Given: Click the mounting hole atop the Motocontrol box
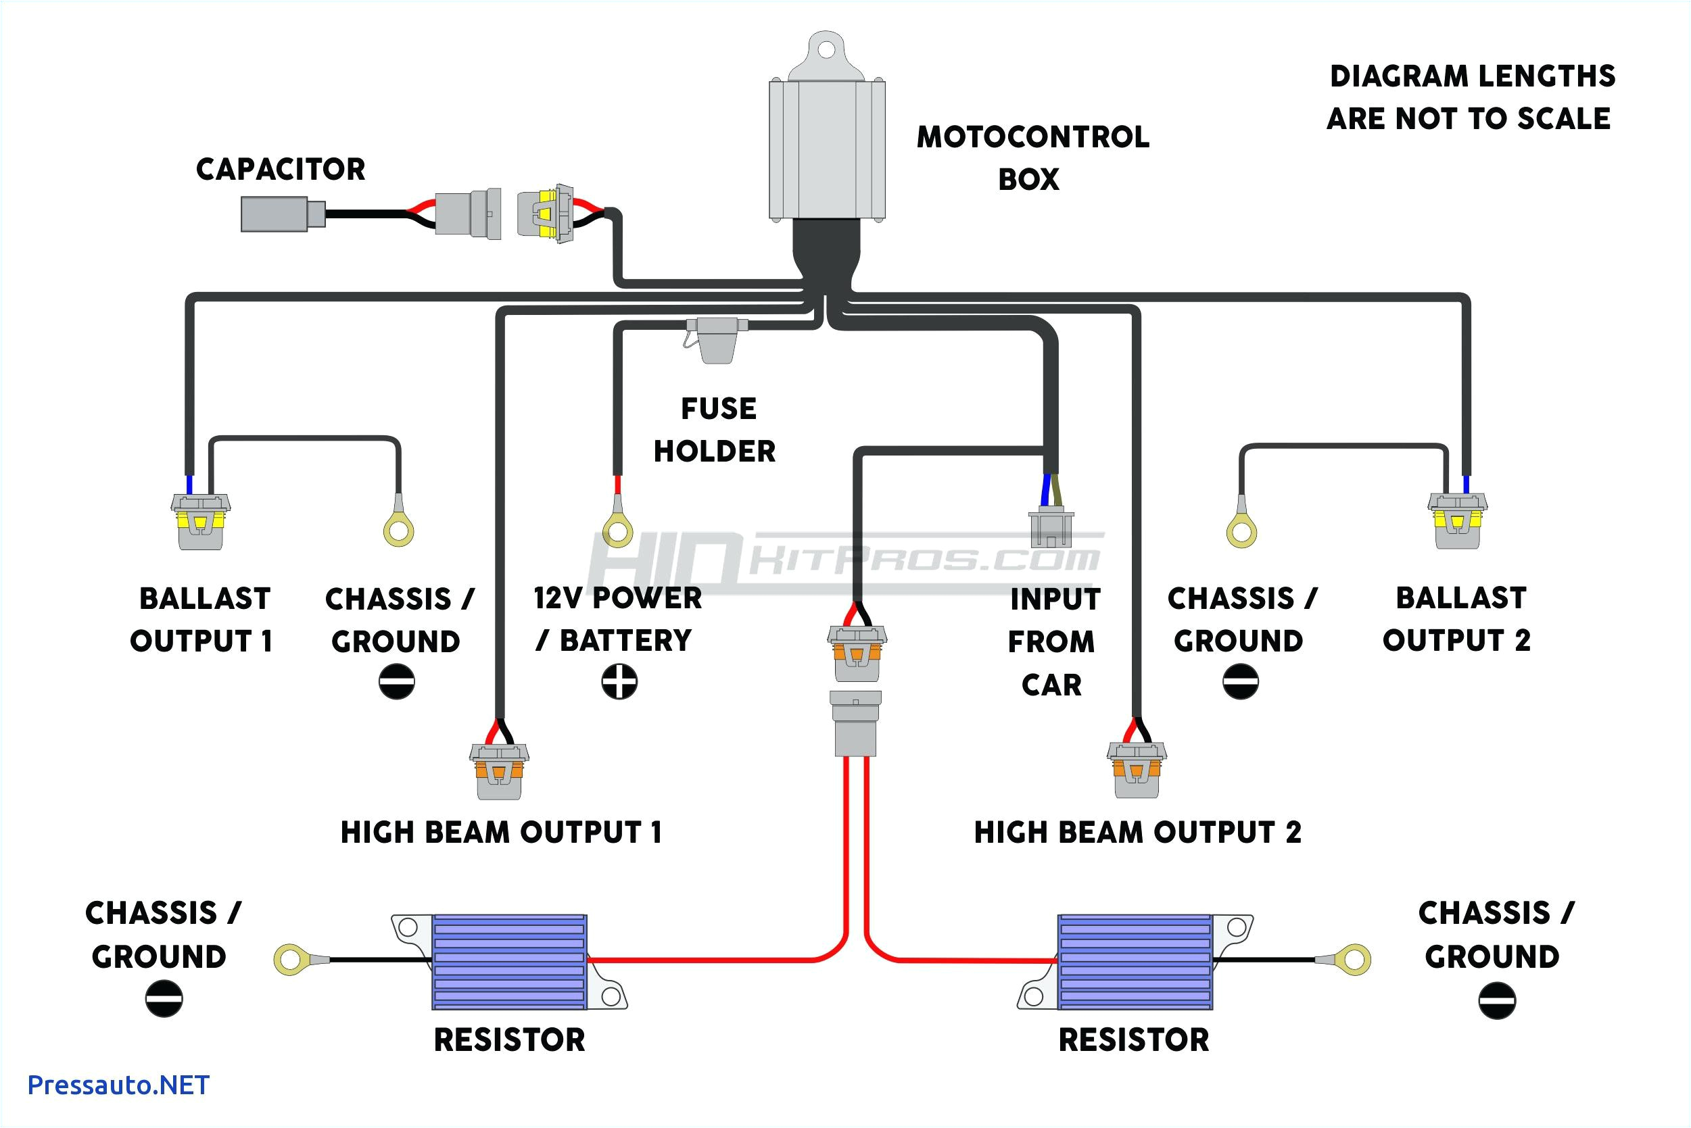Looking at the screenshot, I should [826, 49].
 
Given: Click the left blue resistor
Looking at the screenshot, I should [509, 962].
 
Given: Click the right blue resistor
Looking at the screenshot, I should [1135, 962].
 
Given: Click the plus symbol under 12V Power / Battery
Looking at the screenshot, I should [619, 681].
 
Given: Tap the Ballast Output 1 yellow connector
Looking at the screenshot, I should [200, 522].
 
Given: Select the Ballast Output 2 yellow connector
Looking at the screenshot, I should [1457, 521].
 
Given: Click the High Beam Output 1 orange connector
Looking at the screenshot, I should [499, 770].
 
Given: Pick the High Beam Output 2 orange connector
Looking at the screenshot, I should [1136, 770].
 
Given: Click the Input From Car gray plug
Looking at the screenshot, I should [1051, 529].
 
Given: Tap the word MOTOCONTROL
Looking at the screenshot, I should [1032, 137].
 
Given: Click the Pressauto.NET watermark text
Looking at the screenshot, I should [118, 1085].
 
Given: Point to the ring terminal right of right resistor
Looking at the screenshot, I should [1354, 960].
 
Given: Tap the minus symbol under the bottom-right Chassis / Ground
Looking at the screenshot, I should [1497, 1001].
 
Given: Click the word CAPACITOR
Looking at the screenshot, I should [281, 170].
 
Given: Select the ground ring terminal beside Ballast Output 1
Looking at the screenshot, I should [399, 531].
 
